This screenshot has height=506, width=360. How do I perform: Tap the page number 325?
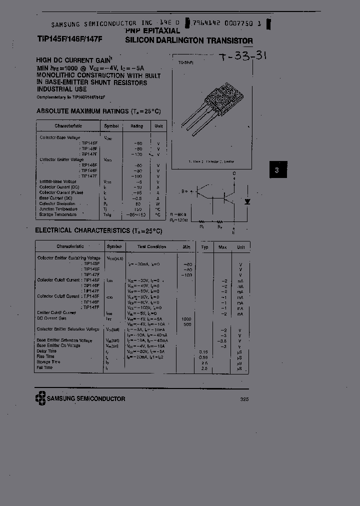244,399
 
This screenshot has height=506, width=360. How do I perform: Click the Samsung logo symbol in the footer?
40,398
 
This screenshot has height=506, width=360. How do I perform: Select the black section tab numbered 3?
277,170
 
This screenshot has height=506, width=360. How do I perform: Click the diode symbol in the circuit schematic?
246,201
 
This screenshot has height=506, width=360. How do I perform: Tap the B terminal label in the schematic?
183,191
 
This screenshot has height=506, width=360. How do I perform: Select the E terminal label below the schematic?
233,232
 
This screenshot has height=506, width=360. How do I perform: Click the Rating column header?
136,126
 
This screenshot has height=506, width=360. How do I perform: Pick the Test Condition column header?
152,247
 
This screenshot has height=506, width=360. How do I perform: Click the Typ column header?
204,247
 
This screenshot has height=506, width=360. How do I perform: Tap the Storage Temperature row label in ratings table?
58,214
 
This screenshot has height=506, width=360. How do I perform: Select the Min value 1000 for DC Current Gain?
186,318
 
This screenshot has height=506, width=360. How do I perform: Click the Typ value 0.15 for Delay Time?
203,351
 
